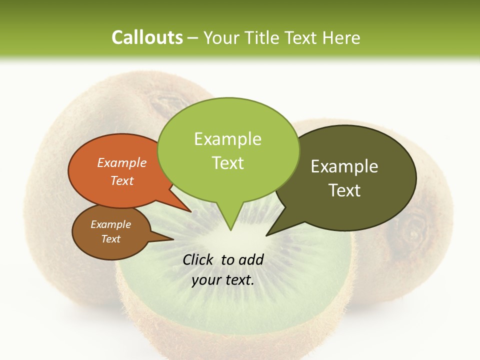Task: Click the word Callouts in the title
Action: tap(147, 38)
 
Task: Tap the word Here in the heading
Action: tap(340, 38)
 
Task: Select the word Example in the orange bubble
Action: tap(122, 162)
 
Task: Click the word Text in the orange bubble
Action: tap(122, 180)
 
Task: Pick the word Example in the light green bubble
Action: tap(227, 139)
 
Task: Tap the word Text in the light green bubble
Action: tap(228, 163)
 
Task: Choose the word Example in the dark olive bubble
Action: tap(344, 166)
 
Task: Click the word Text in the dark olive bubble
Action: tap(345, 190)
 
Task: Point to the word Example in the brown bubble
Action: tap(110, 224)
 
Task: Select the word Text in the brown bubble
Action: tap(111, 239)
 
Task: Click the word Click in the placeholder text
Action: tap(198, 259)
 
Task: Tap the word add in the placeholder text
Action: tap(251, 259)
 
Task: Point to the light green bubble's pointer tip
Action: tap(230, 229)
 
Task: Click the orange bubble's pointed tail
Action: tap(190, 211)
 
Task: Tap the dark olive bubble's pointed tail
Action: tap(267, 234)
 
